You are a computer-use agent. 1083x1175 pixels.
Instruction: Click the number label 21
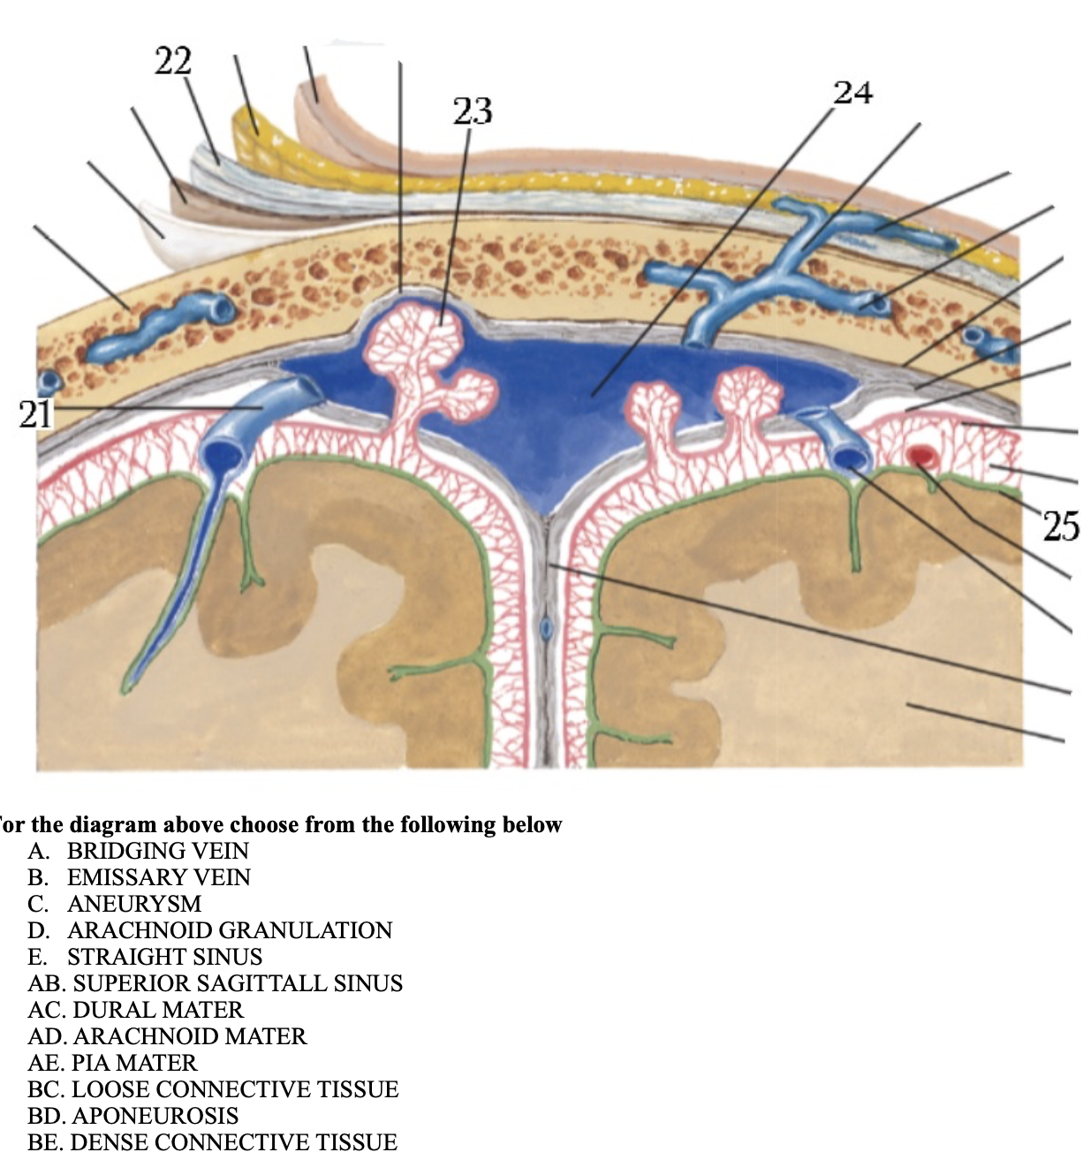tap(36, 413)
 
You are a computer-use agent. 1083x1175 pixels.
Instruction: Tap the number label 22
tap(173, 61)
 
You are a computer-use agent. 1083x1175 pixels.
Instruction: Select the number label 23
tap(473, 111)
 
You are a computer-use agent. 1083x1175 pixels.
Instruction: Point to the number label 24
tap(853, 92)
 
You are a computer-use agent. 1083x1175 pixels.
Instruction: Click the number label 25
tap(1061, 526)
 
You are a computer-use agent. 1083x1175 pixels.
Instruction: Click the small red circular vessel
tap(922, 456)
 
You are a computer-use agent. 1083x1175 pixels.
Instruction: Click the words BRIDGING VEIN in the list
tap(158, 851)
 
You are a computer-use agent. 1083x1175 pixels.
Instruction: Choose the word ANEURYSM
tap(134, 904)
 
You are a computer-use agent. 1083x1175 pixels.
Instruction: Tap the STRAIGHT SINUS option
tap(164, 957)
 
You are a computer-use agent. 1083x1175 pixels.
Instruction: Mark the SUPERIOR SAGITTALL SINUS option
tap(237, 983)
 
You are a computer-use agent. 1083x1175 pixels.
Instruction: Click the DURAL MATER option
tap(157, 1010)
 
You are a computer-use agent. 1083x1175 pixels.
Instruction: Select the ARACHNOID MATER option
tap(189, 1036)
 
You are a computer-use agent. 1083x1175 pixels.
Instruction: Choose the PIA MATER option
tap(134, 1063)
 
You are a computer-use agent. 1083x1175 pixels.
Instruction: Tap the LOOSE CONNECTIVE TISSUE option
tap(234, 1089)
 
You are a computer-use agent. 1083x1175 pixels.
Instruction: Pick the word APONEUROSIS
tap(155, 1116)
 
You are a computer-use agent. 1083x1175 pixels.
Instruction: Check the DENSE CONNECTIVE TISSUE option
tap(233, 1142)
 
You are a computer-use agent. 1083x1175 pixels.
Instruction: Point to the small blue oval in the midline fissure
tap(546, 626)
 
